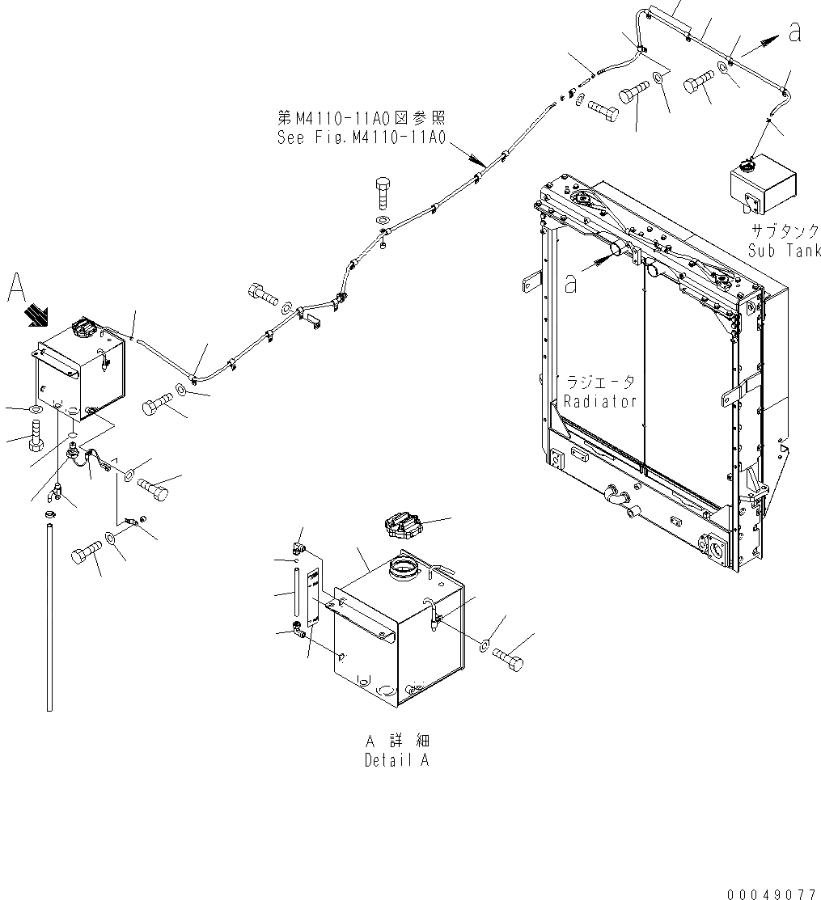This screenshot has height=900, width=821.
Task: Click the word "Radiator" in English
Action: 600,401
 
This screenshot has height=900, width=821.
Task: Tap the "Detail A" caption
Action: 396,760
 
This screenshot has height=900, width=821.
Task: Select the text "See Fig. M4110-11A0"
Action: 361,137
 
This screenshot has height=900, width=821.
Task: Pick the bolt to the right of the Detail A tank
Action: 507,657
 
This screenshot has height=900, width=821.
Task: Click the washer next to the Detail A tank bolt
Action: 484,645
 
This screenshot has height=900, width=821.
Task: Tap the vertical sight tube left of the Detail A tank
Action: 298,594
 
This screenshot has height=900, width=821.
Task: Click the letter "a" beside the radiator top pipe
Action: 571,283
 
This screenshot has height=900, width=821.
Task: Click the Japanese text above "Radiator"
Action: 599,382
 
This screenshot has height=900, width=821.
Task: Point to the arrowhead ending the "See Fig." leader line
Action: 483,163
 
